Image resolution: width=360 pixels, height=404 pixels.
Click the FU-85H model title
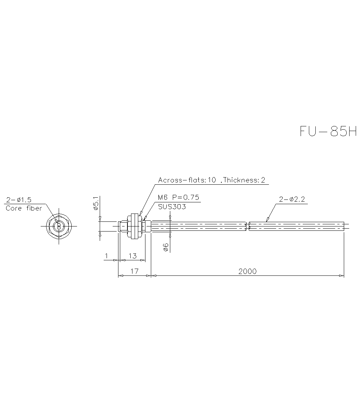pos(328,131)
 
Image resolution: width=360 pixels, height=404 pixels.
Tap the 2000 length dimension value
pos(247,271)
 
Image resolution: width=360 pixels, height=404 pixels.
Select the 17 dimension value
pos(134,271)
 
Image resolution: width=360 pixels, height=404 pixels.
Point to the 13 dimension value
pos(132,256)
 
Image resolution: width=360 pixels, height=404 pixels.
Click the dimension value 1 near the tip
pos(106,256)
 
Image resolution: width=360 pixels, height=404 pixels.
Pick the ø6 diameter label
pos(165,247)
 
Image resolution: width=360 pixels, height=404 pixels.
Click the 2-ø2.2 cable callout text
pos(292,199)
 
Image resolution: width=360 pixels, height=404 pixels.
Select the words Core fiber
pos(24,208)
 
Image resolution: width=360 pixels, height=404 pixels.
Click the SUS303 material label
pos(172,206)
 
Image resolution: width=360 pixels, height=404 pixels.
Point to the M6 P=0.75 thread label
pos(179,197)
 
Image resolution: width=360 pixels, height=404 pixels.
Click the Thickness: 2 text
pos(244,180)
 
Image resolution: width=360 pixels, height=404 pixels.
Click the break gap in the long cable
pos(247,226)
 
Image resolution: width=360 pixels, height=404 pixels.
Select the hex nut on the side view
pos(134,226)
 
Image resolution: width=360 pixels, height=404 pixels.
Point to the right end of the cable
pos(344,226)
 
